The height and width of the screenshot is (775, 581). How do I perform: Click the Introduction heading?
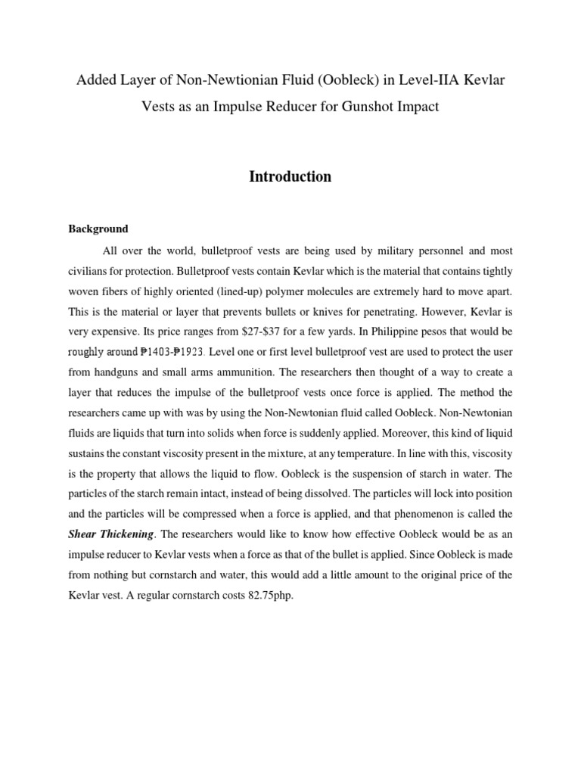tap(290, 176)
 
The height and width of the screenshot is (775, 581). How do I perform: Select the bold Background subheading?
tap(98, 229)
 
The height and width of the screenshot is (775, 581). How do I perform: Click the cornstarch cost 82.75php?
tap(258, 596)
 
